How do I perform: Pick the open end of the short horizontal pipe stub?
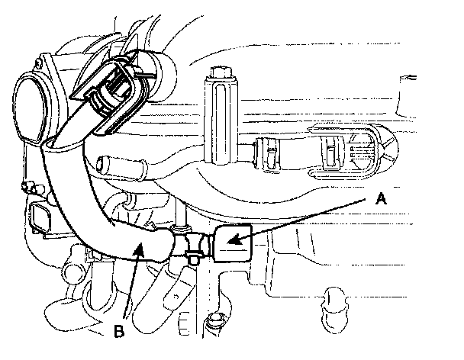coord(103,162)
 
